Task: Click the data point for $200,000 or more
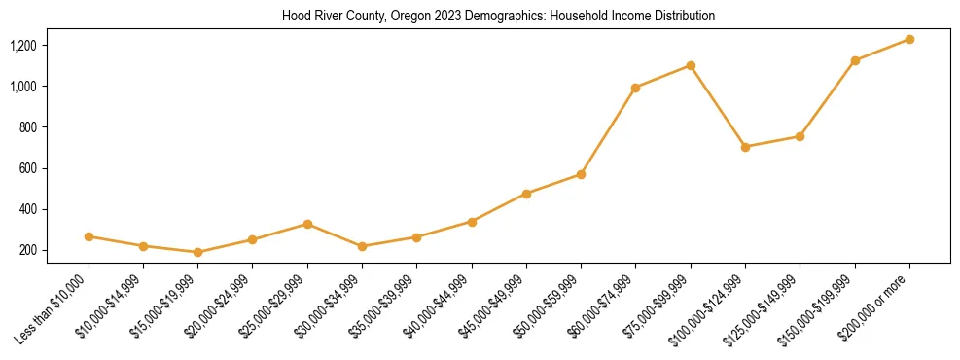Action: click(x=909, y=39)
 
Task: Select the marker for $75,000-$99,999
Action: click(x=691, y=65)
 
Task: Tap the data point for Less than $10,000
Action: click(x=89, y=236)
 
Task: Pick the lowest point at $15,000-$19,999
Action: click(x=198, y=252)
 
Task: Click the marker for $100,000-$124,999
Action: click(x=745, y=147)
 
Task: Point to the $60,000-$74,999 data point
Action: click(x=635, y=88)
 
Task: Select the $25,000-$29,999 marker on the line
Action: click(x=307, y=224)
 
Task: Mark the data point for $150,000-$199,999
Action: click(x=855, y=60)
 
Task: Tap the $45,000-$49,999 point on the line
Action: click(x=526, y=194)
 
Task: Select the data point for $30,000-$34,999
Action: click(x=362, y=246)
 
